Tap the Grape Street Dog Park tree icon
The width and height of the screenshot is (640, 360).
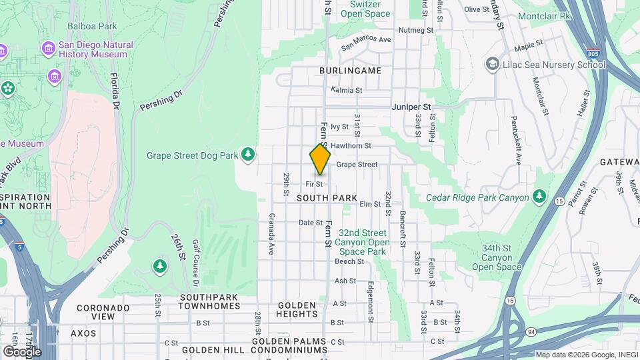point(248,155)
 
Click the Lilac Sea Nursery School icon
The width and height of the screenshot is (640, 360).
point(493,64)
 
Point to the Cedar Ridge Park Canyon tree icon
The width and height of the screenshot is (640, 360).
point(539,197)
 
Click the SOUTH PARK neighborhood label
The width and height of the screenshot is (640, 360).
point(327,198)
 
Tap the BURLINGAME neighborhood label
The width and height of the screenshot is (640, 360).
point(350,70)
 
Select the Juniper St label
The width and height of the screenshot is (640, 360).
point(411,106)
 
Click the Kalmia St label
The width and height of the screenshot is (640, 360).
point(347,90)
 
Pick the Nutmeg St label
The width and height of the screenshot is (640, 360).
point(415,30)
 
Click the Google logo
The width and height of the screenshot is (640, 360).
point(22,351)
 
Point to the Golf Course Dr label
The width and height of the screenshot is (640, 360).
point(196,253)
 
